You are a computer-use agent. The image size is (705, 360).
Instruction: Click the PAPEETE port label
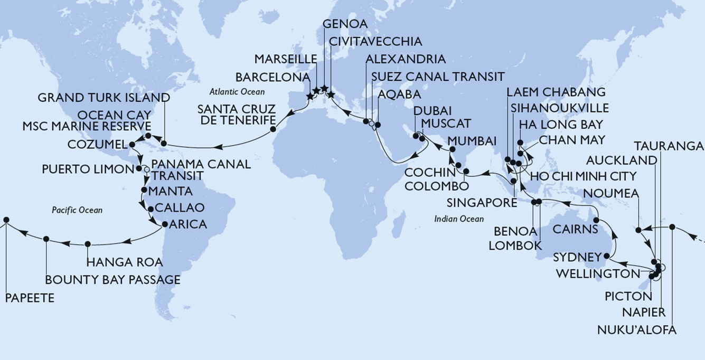(x=30, y=298)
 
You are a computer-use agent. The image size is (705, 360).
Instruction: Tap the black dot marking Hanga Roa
(x=88, y=244)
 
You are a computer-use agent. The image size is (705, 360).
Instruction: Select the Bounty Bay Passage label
(x=112, y=279)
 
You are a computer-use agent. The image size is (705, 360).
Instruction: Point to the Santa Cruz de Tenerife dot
(x=273, y=129)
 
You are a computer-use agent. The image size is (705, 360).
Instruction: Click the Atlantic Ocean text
(x=237, y=92)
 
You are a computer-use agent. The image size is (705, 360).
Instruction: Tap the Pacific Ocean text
(x=77, y=210)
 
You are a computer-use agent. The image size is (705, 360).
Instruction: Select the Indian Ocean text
(x=459, y=219)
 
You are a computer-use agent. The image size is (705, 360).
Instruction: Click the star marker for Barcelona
(x=310, y=97)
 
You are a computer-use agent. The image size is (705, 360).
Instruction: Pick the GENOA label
(x=345, y=24)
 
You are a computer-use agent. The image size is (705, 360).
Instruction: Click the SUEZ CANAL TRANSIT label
(x=437, y=77)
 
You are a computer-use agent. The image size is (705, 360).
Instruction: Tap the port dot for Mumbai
(x=452, y=150)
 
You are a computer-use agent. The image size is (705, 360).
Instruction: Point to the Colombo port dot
(x=466, y=172)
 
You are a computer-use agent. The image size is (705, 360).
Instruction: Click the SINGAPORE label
(x=481, y=203)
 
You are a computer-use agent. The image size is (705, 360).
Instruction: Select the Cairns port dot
(x=596, y=220)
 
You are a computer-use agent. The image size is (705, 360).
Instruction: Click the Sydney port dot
(x=607, y=257)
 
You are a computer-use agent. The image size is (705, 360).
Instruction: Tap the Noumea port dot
(x=638, y=230)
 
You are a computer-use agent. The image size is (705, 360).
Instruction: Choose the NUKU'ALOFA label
(x=636, y=330)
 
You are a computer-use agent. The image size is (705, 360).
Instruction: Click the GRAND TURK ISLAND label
(x=104, y=98)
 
